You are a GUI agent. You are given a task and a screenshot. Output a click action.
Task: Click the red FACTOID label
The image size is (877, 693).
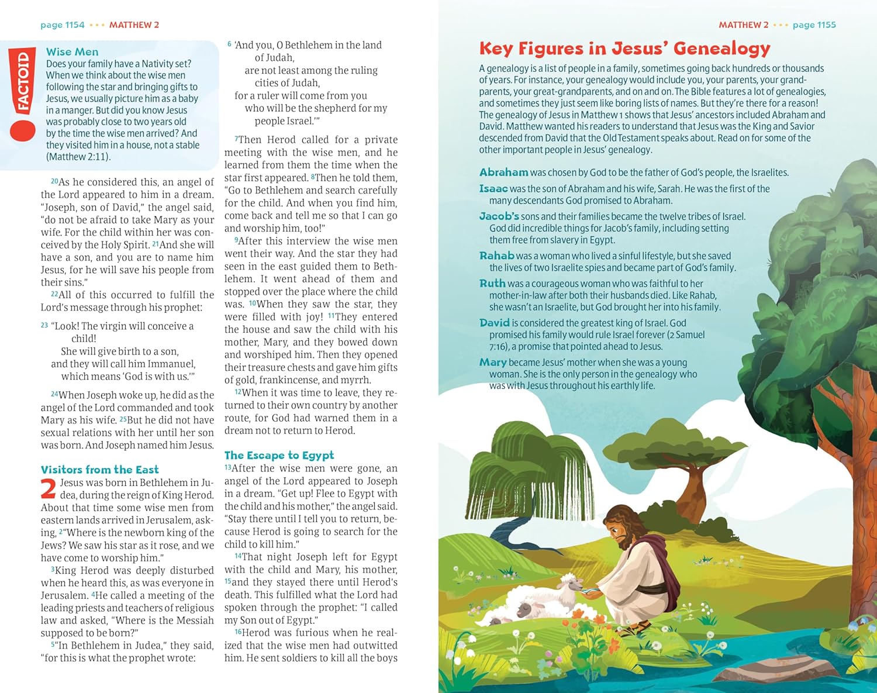22,82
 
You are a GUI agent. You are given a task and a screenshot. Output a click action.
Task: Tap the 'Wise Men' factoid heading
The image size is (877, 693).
72,52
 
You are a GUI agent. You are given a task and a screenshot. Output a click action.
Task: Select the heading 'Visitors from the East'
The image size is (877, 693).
99,470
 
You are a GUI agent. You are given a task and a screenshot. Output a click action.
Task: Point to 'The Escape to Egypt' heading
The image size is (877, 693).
279,455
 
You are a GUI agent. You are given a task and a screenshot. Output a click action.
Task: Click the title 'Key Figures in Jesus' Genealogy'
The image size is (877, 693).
624,48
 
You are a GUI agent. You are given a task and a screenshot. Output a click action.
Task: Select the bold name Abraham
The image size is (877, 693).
503,172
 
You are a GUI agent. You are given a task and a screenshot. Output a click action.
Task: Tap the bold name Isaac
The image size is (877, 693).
493,188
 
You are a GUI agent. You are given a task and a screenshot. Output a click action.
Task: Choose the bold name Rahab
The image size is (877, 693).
496,256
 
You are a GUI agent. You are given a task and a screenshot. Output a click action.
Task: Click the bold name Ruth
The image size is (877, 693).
492,283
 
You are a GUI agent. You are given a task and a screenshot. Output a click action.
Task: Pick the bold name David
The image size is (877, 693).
495,323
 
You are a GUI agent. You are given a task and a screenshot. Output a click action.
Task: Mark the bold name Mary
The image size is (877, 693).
493,363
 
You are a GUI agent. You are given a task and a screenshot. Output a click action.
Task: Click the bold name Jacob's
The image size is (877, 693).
499,216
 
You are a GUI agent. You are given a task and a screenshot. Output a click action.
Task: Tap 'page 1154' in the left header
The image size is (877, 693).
63,25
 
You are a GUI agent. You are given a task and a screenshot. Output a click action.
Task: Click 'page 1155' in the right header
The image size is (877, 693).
814,25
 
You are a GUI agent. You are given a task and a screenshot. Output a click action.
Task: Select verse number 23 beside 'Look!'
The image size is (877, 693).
44,325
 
